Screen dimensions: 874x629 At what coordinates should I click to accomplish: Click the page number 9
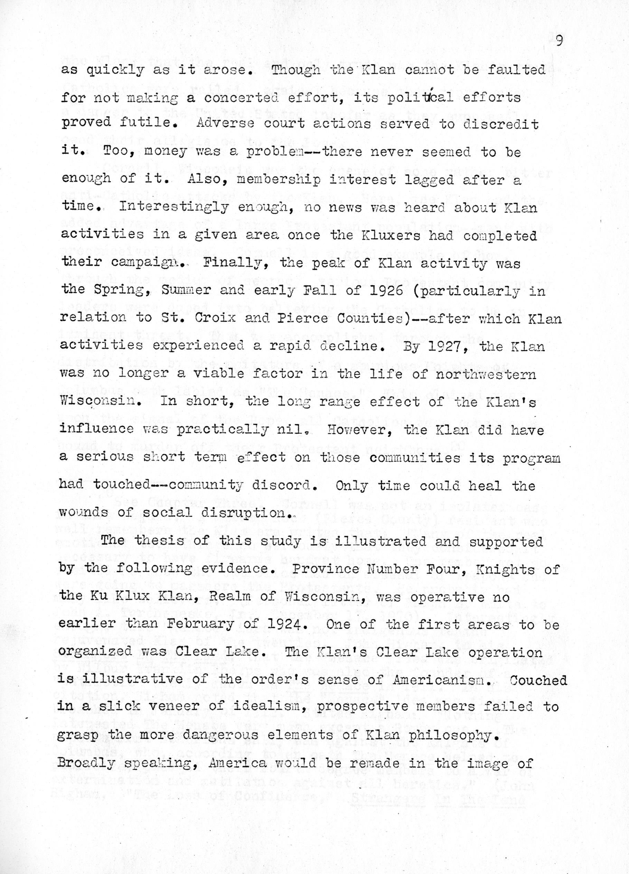559,40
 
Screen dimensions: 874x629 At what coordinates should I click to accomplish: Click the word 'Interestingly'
174,208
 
